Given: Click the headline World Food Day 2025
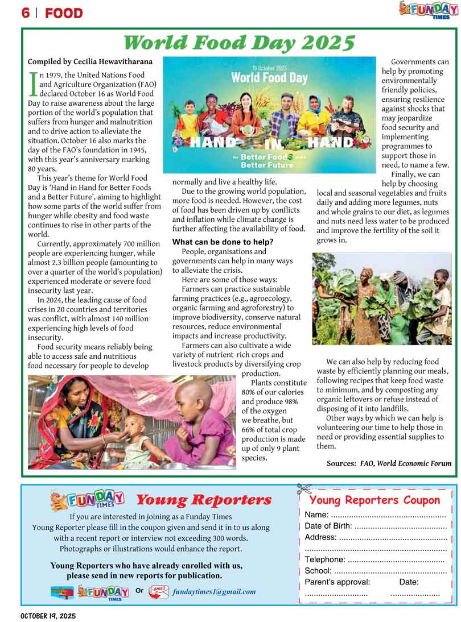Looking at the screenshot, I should click(239, 43).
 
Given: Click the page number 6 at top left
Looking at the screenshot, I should click(26, 13).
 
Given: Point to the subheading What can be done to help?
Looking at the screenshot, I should click(223, 242).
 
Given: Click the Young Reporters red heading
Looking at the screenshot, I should click(203, 500).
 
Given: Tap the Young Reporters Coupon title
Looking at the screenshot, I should click(374, 500).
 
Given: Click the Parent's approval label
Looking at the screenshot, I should click(337, 582).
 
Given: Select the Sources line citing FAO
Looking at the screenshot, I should click(389, 463).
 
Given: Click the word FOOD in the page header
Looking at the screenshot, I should click(64, 13).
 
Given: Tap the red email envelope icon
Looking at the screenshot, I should click(158, 592).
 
